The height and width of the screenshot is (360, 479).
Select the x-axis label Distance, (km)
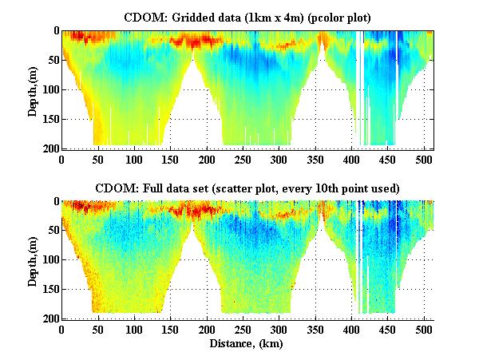247,343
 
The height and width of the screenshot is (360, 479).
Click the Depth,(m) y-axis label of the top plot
33,89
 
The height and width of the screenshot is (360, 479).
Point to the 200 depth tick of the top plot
50,148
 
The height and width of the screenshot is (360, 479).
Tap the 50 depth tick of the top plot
53,61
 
